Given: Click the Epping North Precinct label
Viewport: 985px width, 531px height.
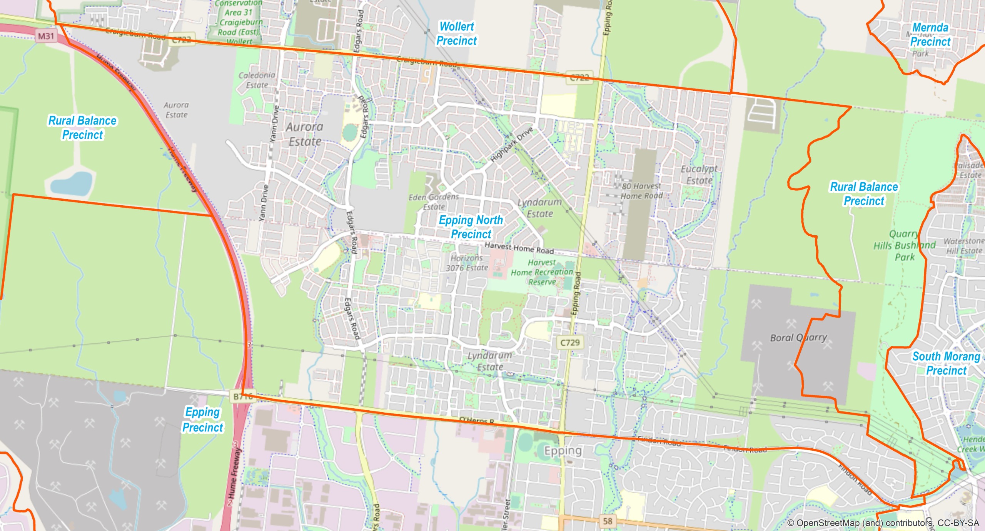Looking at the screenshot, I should [x=471, y=227].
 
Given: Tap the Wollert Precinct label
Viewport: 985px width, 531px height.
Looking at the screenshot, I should [x=457, y=33].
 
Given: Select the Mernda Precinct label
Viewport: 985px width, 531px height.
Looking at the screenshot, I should [x=930, y=35].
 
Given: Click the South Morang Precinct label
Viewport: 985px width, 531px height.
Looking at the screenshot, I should [x=946, y=363].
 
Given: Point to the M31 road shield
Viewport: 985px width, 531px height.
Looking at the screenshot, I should [x=46, y=36].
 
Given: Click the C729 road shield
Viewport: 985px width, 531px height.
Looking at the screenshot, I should [x=570, y=343].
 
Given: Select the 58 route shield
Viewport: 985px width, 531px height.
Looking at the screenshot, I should [x=608, y=521].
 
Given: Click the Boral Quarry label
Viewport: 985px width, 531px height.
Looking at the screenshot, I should [x=798, y=338].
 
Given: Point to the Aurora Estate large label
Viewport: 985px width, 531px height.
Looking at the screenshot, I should [x=305, y=134].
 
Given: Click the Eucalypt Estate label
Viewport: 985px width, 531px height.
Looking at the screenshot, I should [x=699, y=175].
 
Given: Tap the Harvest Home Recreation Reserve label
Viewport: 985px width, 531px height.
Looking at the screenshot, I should [x=542, y=272].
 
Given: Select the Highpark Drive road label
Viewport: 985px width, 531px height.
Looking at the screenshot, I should [x=512, y=144].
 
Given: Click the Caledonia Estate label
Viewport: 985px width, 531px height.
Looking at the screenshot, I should [x=257, y=80].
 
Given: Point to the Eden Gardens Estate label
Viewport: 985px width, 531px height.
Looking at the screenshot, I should [x=434, y=201].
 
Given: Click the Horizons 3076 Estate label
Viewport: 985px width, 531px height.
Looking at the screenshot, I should [x=467, y=263].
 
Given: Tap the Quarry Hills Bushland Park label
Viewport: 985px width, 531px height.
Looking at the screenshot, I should [x=904, y=245].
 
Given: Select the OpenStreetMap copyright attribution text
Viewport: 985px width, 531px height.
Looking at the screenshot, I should [x=883, y=523].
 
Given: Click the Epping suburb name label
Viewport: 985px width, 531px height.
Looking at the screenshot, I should [x=563, y=450].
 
